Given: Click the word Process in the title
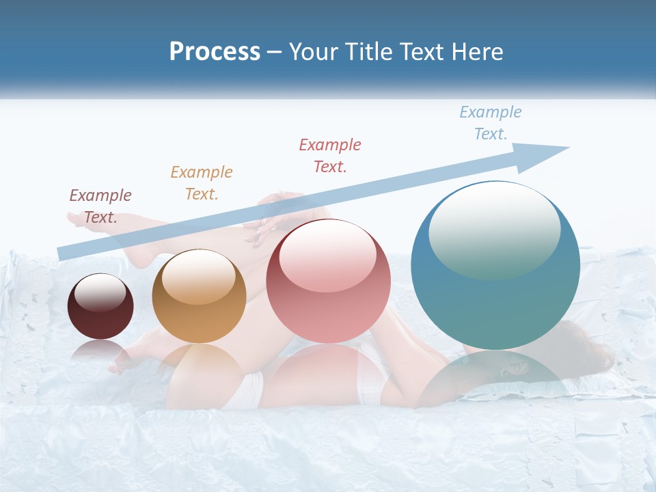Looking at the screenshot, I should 215,52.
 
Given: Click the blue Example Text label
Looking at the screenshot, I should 490,123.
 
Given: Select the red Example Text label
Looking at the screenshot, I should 330,155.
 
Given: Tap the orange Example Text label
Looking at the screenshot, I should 202,182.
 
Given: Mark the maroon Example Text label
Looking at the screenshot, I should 100,206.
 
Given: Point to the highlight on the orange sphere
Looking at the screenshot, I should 199,275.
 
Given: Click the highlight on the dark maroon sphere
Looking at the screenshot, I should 100,292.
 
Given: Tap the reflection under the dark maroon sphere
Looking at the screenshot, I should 100,351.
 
